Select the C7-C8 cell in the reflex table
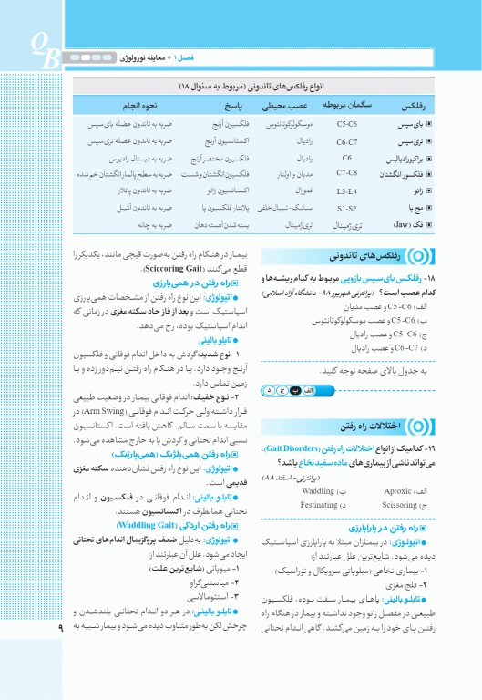coord(347,172)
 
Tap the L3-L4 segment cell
coord(346,191)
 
